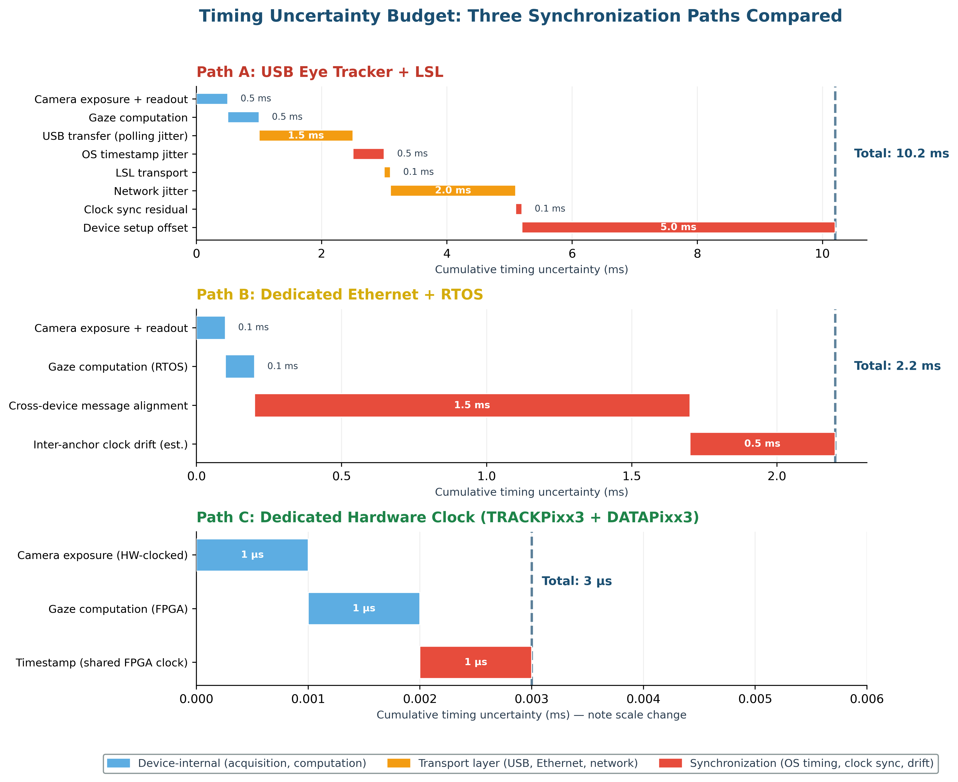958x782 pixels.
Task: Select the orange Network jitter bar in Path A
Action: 453,191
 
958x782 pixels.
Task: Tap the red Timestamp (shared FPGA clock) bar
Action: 476,662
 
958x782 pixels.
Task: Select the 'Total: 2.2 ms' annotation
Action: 897,366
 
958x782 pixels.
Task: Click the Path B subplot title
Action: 339,295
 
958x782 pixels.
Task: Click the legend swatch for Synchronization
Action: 670,763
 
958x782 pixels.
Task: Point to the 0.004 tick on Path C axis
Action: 643,699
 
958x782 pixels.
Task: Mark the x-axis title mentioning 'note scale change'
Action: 531,715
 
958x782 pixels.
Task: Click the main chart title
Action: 520,16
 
